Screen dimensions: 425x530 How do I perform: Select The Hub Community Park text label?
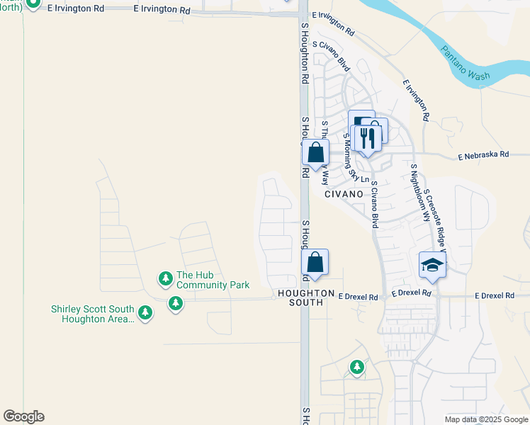click(213, 280)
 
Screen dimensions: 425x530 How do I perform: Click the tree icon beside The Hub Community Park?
click(166, 278)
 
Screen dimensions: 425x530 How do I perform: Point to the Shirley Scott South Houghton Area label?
click(92, 314)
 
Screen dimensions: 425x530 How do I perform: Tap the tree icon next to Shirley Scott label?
click(145, 312)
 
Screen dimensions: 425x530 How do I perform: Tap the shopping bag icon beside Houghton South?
click(315, 262)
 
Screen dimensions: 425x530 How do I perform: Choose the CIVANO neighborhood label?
click(344, 193)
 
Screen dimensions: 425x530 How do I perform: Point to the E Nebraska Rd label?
click(483, 154)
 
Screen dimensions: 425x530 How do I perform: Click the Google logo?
click(23, 416)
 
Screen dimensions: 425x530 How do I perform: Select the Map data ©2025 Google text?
click(485, 419)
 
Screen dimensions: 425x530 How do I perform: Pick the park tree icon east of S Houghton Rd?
click(357, 367)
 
